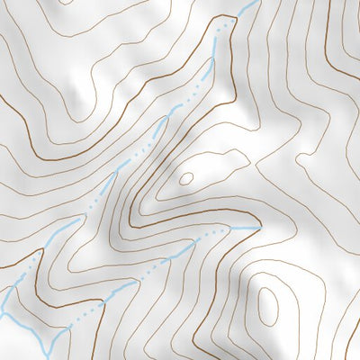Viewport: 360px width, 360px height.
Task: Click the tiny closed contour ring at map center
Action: click(x=186, y=178)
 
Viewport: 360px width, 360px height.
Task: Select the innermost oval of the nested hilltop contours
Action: click(x=267, y=306)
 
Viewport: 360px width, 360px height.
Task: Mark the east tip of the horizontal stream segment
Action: click(x=258, y=228)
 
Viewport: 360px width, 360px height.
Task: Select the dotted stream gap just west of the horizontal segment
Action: click(x=211, y=234)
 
